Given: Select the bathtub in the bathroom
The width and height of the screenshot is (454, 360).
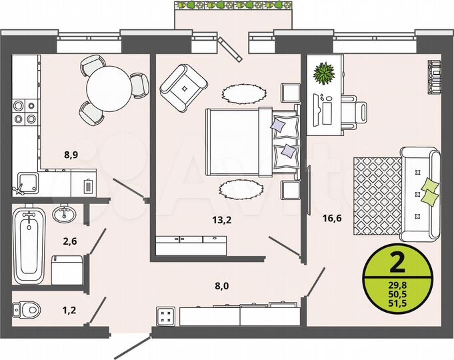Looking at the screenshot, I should click(29, 245).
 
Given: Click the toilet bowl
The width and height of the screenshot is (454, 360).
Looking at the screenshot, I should click(27, 309).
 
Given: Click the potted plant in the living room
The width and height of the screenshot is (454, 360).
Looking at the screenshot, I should click(325, 72).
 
